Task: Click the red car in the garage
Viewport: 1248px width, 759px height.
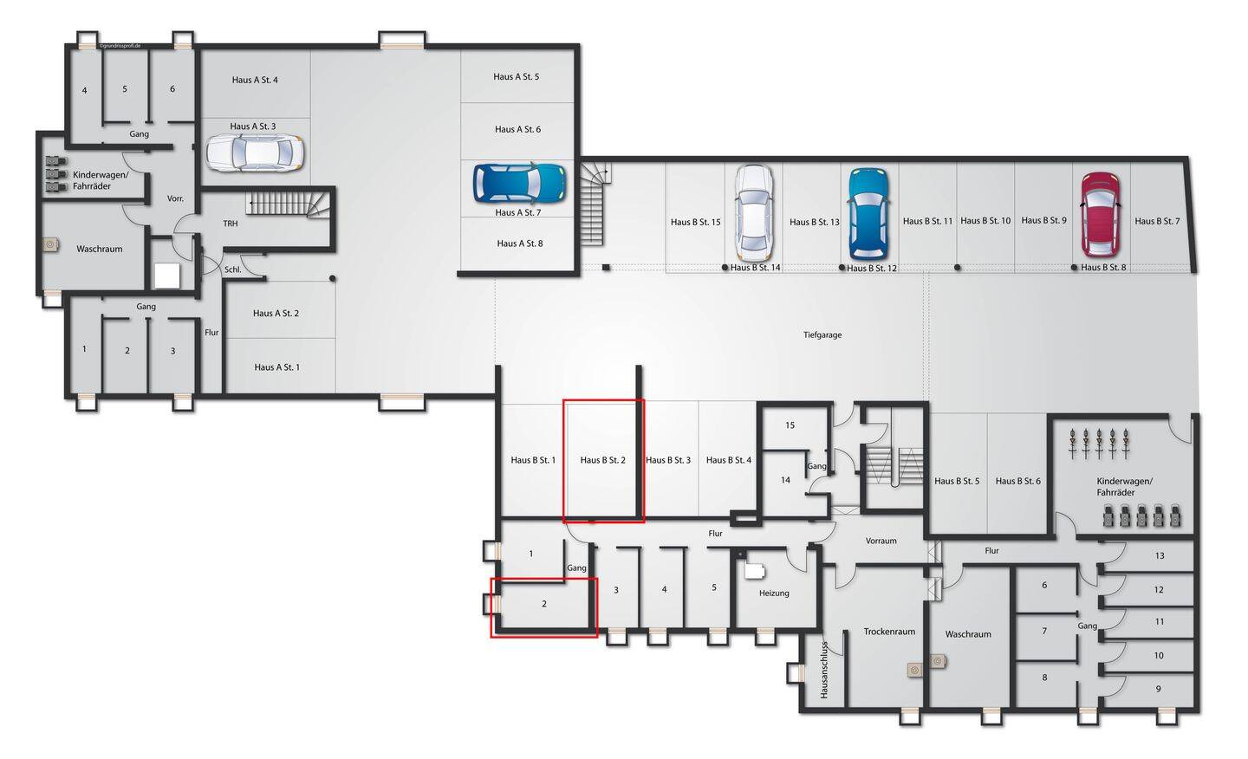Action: pos(1101,214)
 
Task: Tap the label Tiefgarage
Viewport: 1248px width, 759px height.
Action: pos(822,335)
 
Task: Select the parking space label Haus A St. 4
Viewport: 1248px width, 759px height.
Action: pos(255,81)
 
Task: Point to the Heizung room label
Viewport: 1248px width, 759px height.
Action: pos(774,594)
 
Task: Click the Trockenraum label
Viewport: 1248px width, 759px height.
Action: pos(889,632)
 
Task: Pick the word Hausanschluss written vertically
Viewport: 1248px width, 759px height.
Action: pos(824,670)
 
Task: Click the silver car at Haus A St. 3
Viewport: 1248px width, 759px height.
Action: pos(255,152)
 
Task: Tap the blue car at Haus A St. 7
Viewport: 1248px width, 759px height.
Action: pos(519,183)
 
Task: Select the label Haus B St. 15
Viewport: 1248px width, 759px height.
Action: pos(695,222)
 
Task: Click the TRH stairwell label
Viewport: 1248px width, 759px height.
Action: pos(231,224)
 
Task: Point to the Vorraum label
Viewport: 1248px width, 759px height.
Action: pos(881,541)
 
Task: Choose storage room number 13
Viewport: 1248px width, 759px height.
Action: pos(1160,555)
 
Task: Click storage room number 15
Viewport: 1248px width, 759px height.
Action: pos(790,425)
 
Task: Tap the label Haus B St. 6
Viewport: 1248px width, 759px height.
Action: pos(1017,481)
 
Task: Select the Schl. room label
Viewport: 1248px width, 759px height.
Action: pos(233,270)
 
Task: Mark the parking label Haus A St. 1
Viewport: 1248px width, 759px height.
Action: pos(277,367)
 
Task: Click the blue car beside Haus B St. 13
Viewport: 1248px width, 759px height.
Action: pos(868,214)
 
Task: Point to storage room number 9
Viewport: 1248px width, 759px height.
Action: pos(1158,689)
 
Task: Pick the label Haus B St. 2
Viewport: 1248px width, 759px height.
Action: pos(603,461)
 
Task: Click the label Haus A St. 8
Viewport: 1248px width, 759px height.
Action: pos(520,244)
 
